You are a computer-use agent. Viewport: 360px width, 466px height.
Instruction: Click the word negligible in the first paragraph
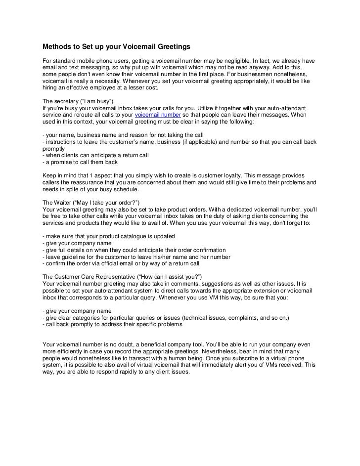[x=244, y=60]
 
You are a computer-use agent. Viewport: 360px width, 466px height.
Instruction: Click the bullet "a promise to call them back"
[x=81, y=162]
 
